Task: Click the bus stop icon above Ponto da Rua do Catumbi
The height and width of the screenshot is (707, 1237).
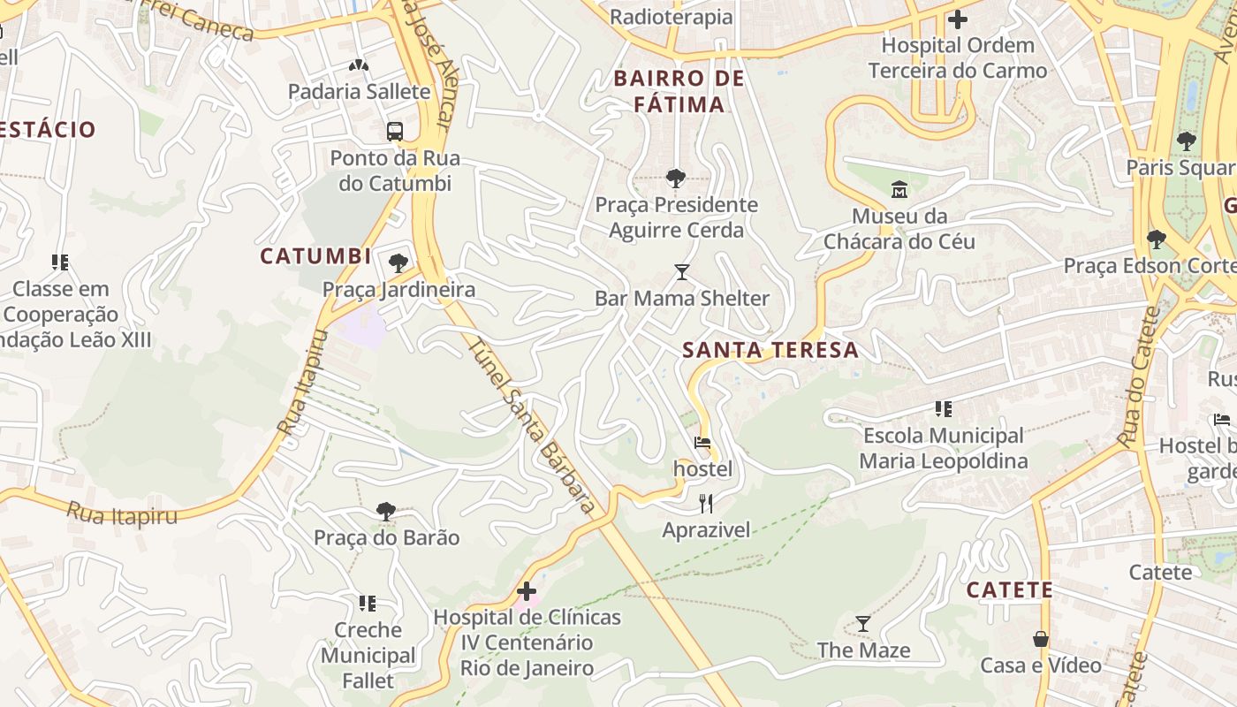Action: [395, 132]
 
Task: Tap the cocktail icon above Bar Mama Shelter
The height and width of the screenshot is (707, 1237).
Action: [681, 271]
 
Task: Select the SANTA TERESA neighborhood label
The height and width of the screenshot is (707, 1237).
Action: [770, 350]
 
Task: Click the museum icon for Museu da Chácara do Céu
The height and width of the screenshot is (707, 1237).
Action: [899, 189]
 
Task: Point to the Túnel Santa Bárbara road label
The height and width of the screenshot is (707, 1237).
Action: [528, 425]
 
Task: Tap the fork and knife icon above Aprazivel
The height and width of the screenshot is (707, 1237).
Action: [706, 504]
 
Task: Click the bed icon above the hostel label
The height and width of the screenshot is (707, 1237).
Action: [702, 443]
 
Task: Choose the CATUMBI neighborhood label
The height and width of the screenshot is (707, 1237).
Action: [315, 256]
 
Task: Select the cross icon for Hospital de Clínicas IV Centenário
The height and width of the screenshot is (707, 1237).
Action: [527, 591]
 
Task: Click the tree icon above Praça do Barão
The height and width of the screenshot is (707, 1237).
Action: [386, 511]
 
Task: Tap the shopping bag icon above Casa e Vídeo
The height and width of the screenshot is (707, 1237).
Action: [1041, 639]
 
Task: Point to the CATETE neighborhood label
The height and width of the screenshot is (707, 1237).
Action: [1009, 590]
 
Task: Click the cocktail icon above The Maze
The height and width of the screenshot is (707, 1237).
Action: [863, 624]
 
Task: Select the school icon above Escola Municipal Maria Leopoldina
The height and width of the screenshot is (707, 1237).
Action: [944, 409]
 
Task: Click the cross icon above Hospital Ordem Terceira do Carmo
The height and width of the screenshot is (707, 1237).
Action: [957, 19]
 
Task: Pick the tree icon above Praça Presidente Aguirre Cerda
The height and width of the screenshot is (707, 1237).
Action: [676, 179]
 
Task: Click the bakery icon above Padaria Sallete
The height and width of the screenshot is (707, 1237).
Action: [359, 65]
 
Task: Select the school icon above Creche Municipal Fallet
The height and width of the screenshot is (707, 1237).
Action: [368, 604]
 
